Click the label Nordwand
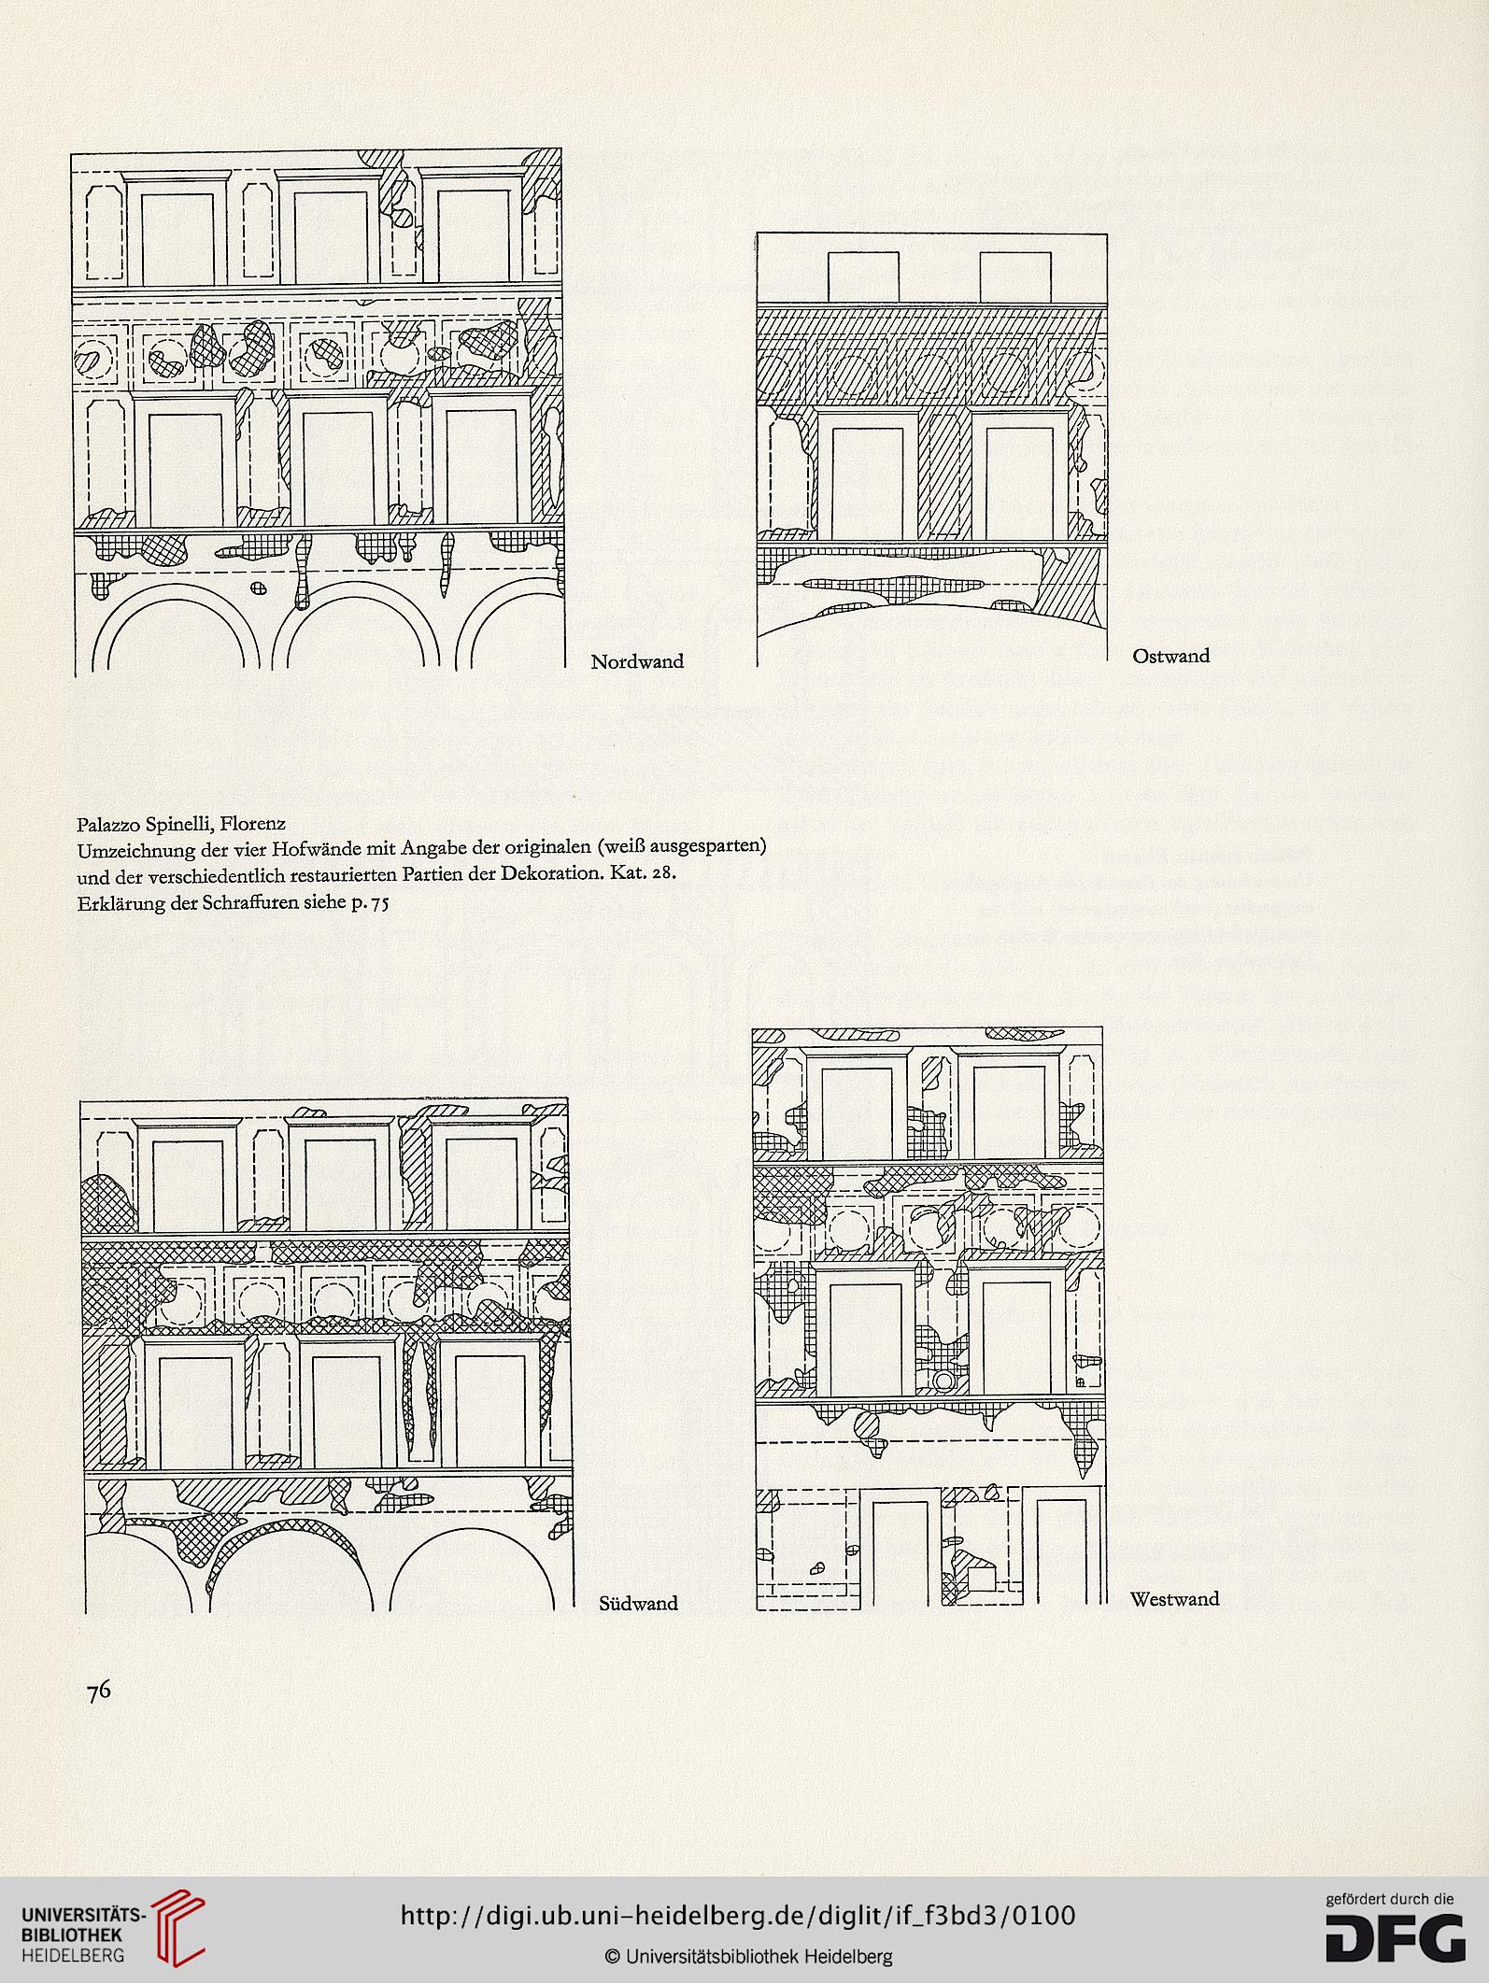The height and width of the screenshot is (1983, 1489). point(637,662)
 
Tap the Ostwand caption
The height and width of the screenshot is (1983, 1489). point(1170,657)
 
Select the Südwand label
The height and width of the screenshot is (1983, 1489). point(638,1603)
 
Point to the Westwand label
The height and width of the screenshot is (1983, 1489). point(1174,1598)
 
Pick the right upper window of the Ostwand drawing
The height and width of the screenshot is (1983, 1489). point(1014,277)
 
